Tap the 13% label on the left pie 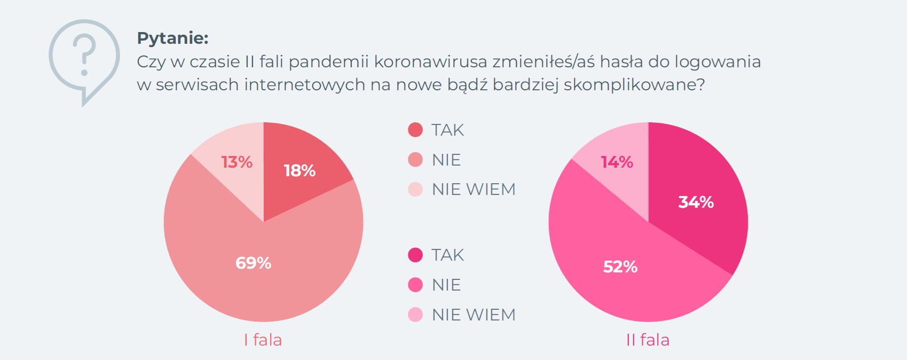click(236, 162)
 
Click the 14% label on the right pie click(617, 162)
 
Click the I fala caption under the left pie click(263, 340)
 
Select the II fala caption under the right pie click(648, 340)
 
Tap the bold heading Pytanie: click(172, 38)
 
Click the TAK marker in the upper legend click(415, 130)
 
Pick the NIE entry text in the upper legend click(446, 160)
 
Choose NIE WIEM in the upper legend click(474, 189)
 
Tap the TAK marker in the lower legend click(415, 255)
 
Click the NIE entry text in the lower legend click(446, 285)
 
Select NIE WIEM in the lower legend click(474, 315)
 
